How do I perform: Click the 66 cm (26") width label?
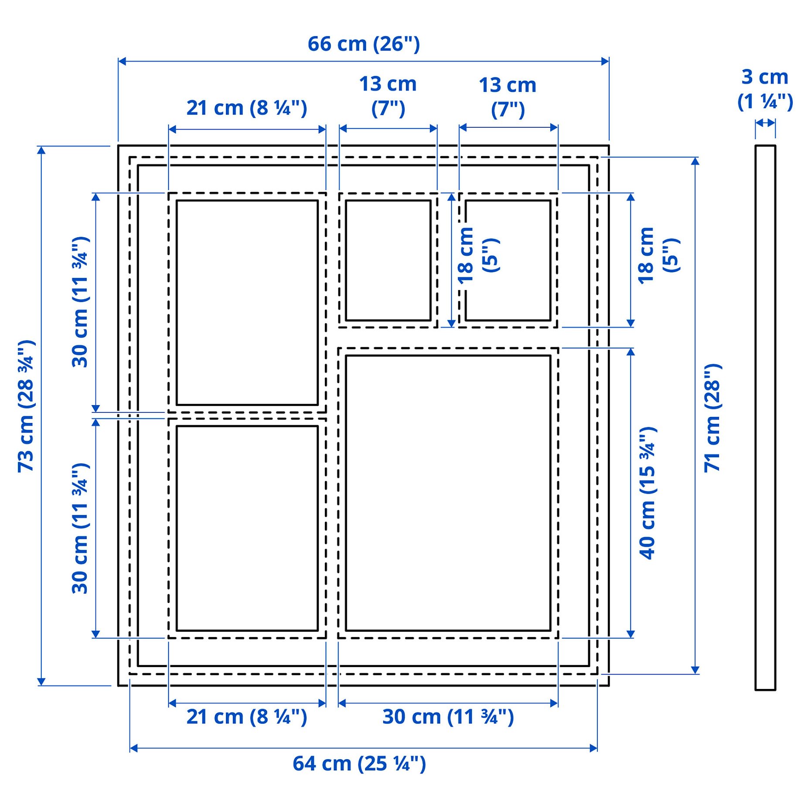364,44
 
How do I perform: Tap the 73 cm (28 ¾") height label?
26,406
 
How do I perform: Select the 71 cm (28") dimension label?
712,417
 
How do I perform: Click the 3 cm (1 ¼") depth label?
765,89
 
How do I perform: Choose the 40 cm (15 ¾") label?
648,493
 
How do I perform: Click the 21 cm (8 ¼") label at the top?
247,108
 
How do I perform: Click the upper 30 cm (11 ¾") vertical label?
81,302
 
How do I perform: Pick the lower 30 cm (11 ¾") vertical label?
81,528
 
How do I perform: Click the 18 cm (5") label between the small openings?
478,256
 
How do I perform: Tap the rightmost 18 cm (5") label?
658,256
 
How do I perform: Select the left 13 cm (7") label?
388,96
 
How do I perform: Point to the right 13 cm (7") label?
508,97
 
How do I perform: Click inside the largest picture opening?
448,493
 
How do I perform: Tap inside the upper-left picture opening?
247,302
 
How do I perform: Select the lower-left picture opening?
247,528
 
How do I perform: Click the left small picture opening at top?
388,260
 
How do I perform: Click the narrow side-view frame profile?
765,417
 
